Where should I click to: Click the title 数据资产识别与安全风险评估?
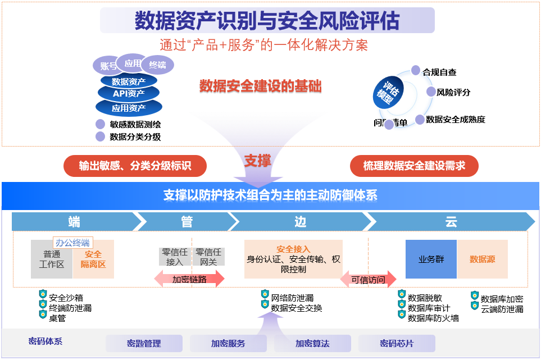coord(267,21)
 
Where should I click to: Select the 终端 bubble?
coord(158,65)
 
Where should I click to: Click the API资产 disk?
coord(129,93)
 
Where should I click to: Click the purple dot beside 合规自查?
coord(416,71)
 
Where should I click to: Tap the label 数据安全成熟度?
coord(455,119)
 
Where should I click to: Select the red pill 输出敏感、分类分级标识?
coord(135,166)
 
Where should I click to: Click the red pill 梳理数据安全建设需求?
coord(415,166)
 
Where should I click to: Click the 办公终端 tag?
coord(72,243)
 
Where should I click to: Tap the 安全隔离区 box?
coord(93,259)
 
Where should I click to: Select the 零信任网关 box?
coord(208,257)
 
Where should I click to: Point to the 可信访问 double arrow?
coord(368,280)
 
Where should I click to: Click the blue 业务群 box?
coord(431,259)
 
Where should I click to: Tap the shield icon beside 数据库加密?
coord(475,295)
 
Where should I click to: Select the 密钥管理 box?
coord(144,343)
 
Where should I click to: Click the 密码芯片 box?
coord(397,343)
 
